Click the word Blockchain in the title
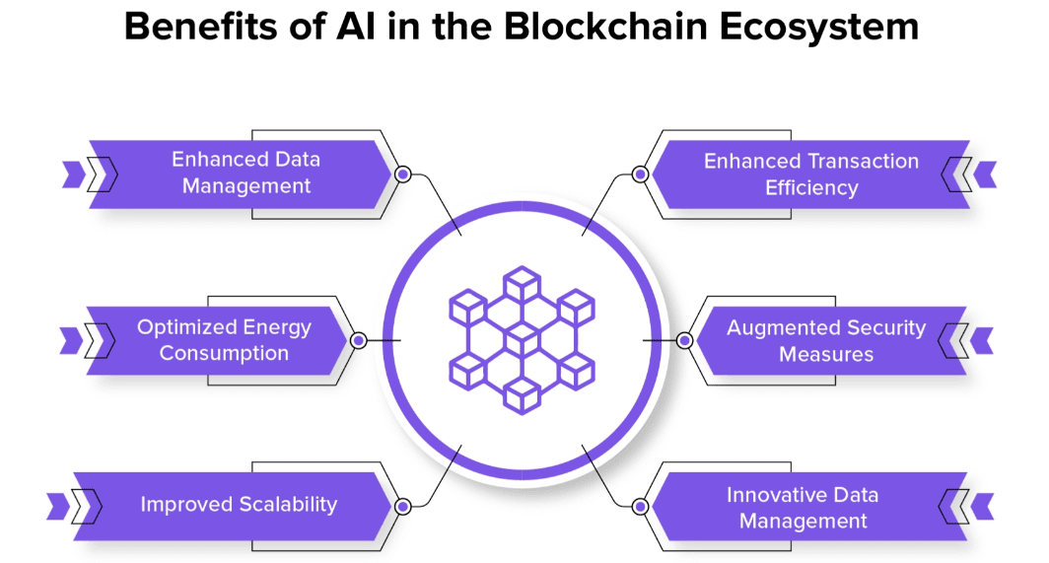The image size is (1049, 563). [605, 28]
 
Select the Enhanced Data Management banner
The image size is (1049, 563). [241, 175]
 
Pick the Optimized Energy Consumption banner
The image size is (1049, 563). [218, 340]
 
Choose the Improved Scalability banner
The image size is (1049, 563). [233, 506]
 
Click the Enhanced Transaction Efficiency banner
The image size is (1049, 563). [810, 175]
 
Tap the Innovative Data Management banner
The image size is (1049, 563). [809, 506]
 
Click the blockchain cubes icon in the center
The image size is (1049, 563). [522, 340]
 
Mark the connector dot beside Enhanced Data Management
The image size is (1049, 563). [402, 175]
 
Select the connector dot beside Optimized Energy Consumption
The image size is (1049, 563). [359, 341]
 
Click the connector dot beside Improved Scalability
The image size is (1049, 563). [402, 507]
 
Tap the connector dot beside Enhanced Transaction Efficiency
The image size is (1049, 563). [640, 175]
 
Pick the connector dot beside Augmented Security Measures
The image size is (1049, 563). [684, 341]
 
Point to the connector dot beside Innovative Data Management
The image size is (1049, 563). [640, 507]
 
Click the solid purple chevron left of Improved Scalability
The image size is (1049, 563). [57, 507]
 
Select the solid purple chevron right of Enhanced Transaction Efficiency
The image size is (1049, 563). [985, 175]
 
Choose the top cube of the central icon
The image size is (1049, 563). [522, 285]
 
